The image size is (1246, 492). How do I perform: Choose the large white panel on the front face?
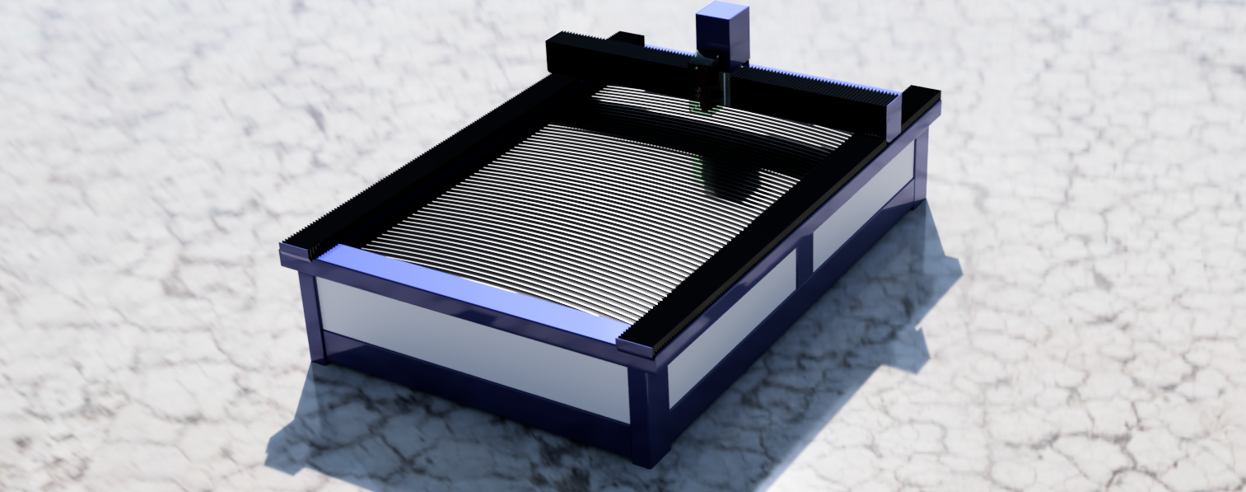coord(469,346)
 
